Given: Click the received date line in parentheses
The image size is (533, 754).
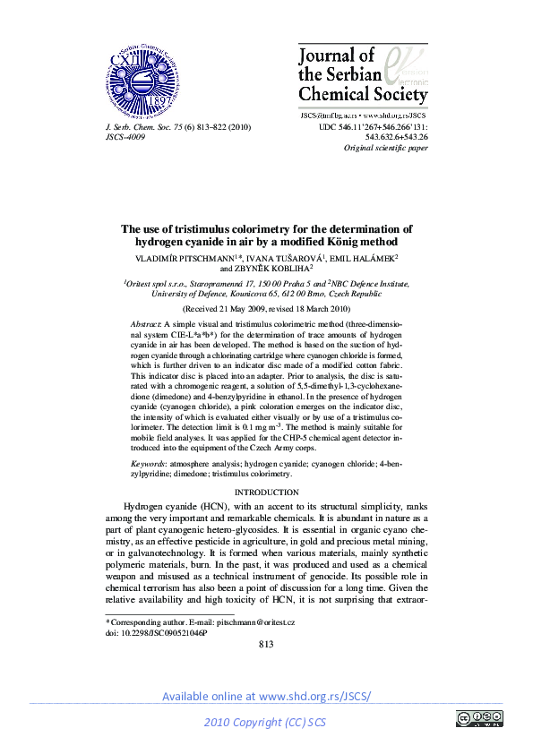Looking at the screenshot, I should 266,306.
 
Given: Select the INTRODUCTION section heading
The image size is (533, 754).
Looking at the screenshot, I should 266,493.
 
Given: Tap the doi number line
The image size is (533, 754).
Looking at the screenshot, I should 156,632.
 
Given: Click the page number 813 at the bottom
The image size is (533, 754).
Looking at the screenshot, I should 266,645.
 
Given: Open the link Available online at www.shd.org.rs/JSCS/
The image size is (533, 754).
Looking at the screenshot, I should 266,697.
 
